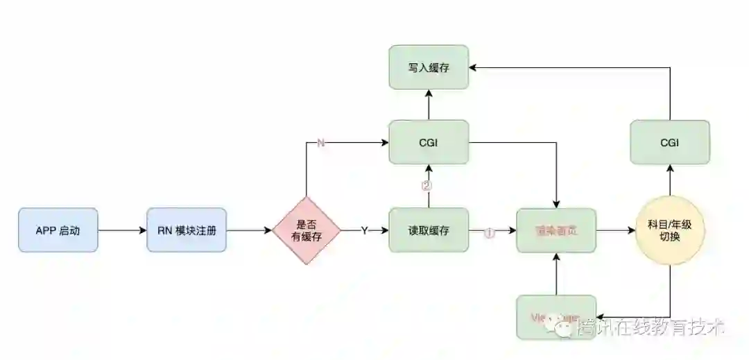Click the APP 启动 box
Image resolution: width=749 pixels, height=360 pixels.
click(x=58, y=230)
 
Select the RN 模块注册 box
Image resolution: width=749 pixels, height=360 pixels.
click(x=187, y=230)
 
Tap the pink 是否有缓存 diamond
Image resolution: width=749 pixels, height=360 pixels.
click(x=307, y=230)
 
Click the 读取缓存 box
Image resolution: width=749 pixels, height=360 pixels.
click(x=429, y=230)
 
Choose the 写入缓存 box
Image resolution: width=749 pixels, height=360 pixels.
click(x=429, y=67)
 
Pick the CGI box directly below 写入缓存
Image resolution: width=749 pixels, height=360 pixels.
click(x=429, y=142)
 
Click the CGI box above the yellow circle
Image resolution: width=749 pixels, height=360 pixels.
click(x=670, y=143)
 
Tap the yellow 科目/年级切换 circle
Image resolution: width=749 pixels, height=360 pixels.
click(x=670, y=230)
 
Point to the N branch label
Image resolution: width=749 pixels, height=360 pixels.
click(x=320, y=143)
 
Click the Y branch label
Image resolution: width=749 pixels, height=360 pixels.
click(x=364, y=230)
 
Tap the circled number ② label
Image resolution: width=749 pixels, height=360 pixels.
click(x=427, y=186)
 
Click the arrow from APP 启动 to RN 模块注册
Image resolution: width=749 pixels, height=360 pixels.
click(x=122, y=230)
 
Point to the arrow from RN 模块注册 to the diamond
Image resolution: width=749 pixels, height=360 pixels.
click(x=249, y=230)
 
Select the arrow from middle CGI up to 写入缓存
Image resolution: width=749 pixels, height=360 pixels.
click(x=429, y=105)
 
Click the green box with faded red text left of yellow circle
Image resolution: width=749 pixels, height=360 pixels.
click(x=556, y=230)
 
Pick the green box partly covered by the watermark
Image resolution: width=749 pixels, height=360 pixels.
click(x=556, y=317)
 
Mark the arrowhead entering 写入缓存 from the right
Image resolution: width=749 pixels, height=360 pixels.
click(x=474, y=67)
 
